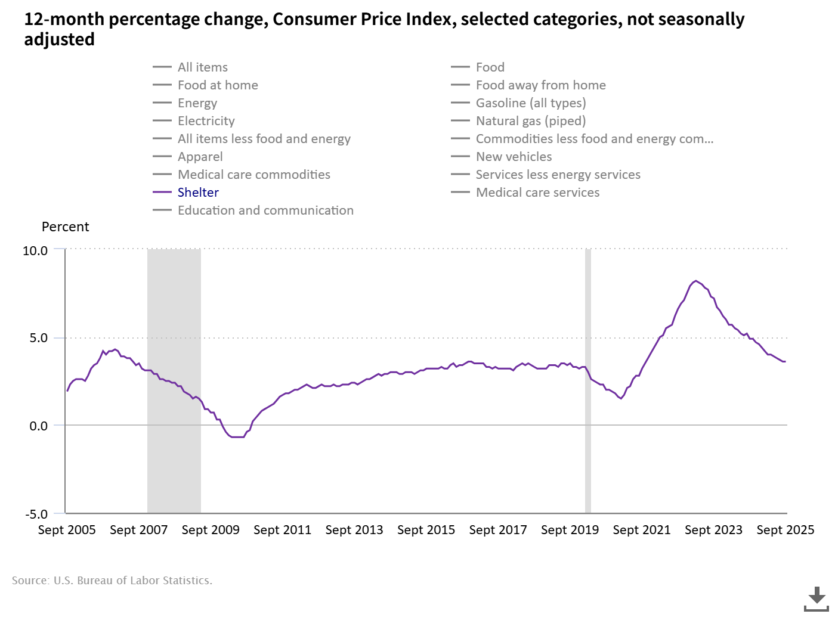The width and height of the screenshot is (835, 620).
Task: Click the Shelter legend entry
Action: pyautogui.click(x=198, y=193)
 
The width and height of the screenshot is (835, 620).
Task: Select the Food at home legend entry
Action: pyautogui.click(x=218, y=85)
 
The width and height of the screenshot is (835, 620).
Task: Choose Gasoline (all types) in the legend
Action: pyautogui.click(x=530, y=103)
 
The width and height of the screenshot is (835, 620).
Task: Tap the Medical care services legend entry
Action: pyautogui.click(x=537, y=193)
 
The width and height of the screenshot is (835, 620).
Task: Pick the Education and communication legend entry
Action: pyautogui.click(x=265, y=210)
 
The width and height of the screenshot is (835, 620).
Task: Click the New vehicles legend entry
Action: pyautogui.click(x=514, y=157)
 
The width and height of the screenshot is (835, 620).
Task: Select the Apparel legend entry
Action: pyautogui.click(x=200, y=157)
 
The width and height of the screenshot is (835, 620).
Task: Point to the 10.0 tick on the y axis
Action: pyautogui.click(x=35, y=251)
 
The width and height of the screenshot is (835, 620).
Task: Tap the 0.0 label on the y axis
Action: pyautogui.click(x=38, y=426)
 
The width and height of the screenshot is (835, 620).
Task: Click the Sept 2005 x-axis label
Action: pyautogui.click(x=67, y=530)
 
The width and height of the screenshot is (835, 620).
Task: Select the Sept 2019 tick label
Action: pyautogui.click(x=570, y=530)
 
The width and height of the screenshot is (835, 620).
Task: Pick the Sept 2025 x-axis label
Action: pyautogui.click(x=785, y=530)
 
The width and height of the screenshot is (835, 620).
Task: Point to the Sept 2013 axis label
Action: pyautogui.click(x=354, y=530)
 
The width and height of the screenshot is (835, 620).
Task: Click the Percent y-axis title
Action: pyautogui.click(x=65, y=227)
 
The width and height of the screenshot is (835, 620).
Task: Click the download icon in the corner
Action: pyautogui.click(x=816, y=599)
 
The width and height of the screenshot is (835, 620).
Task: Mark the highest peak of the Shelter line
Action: pyautogui.click(x=695, y=281)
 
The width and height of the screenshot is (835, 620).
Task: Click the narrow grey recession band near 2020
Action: pyautogui.click(x=588, y=382)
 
